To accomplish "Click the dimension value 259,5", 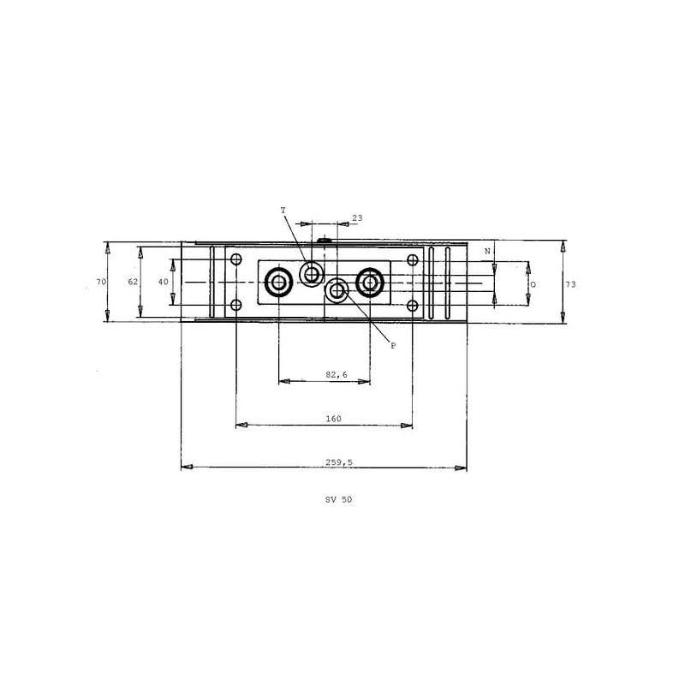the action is [338, 462].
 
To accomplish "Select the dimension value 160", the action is [333, 419].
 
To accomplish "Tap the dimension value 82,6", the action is [337, 374].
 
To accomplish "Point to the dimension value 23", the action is [357, 218].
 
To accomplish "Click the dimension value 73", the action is [570, 284].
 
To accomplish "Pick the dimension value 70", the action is [101, 282].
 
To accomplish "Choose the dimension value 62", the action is [133, 282].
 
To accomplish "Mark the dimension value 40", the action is [163, 282].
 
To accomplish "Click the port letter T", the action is [283, 211].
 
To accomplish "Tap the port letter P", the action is [393, 346].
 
